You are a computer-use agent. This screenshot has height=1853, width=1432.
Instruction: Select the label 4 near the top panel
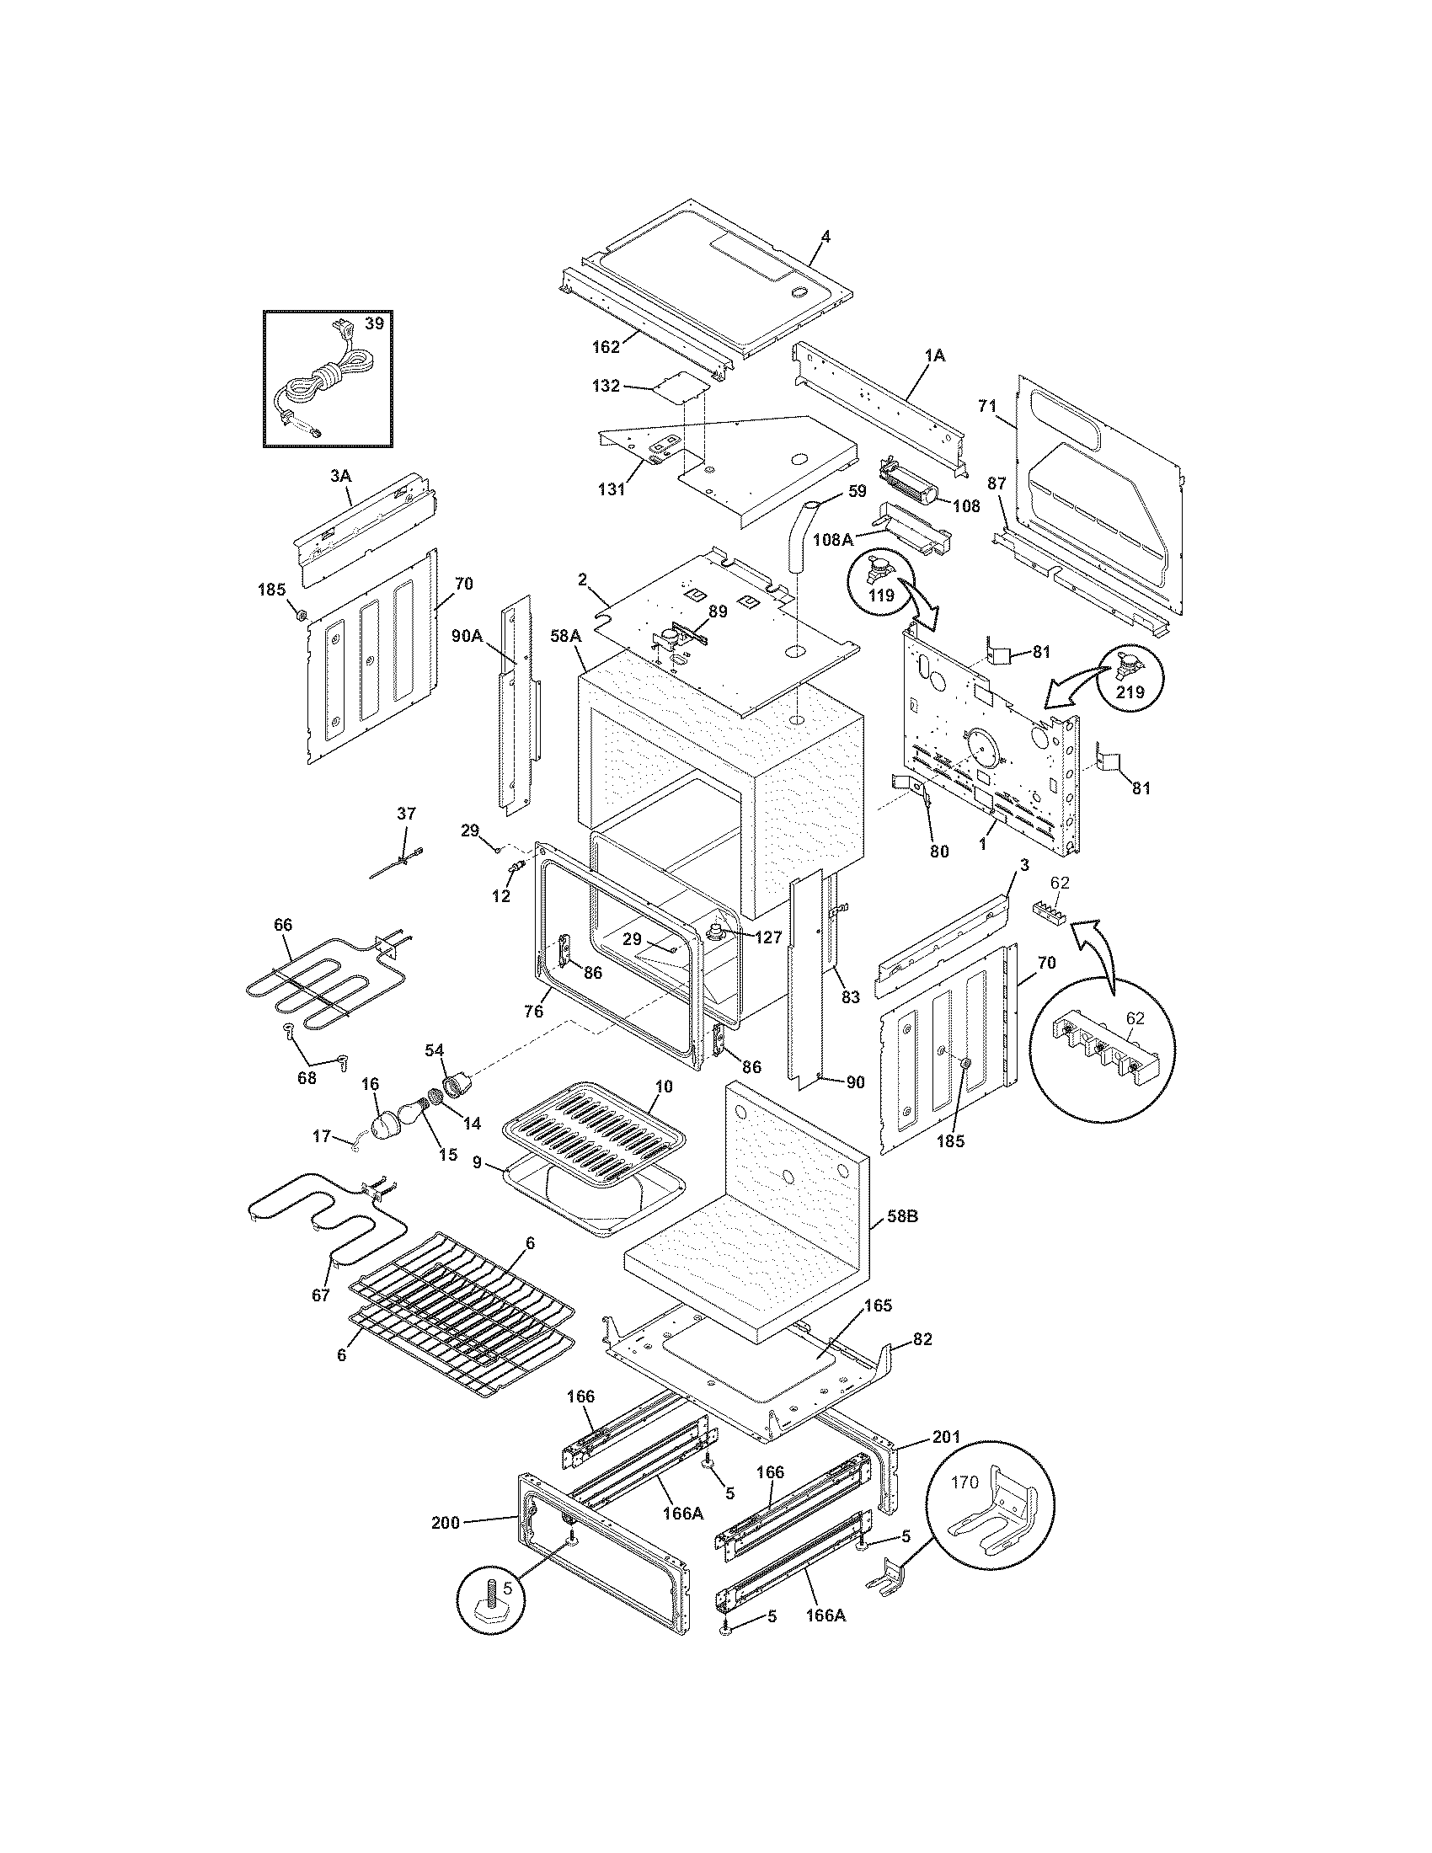(x=826, y=237)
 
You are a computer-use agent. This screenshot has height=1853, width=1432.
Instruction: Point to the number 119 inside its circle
(x=881, y=595)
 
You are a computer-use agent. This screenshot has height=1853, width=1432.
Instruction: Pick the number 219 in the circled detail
(x=1130, y=692)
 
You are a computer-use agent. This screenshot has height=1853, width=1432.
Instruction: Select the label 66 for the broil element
(x=283, y=926)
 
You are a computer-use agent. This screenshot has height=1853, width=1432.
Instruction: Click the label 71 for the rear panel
(x=986, y=407)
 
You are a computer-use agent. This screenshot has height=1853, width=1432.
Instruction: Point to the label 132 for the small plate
(x=606, y=386)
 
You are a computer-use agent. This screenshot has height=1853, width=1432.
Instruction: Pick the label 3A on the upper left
(x=340, y=477)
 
